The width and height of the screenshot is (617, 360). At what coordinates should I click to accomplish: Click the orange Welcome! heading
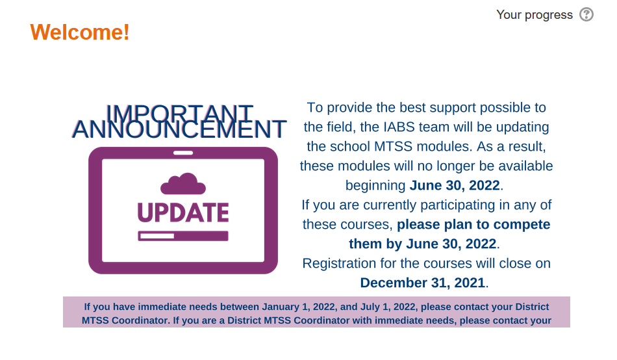(x=80, y=32)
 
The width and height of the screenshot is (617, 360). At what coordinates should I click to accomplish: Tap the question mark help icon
(x=586, y=14)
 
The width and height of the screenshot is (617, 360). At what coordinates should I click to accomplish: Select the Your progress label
(x=534, y=14)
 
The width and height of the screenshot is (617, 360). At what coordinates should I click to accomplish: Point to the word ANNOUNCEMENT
(x=179, y=130)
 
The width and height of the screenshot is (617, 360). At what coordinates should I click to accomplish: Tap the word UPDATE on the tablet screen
(x=183, y=212)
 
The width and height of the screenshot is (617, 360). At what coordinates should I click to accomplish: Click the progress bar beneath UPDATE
(x=183, y=236)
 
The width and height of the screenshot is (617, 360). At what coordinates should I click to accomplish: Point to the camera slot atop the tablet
(x=183, y=153)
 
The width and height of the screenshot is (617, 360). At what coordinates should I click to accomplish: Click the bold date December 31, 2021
(x=423, y=283)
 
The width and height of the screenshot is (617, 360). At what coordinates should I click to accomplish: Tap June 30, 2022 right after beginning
(x=455, y=185)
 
